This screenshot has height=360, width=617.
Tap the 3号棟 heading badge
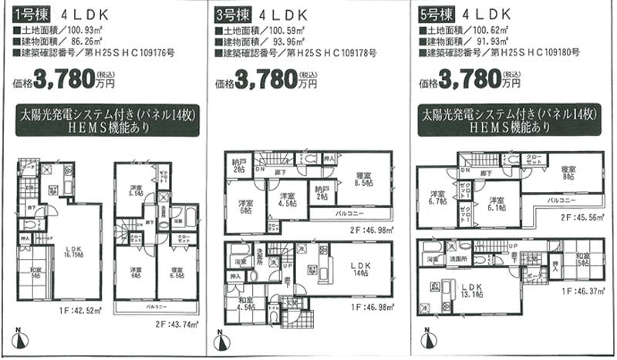pos(233,14)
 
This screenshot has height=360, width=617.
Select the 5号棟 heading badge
pos(437,14)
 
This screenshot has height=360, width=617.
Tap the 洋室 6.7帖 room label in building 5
pos(437,197)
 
